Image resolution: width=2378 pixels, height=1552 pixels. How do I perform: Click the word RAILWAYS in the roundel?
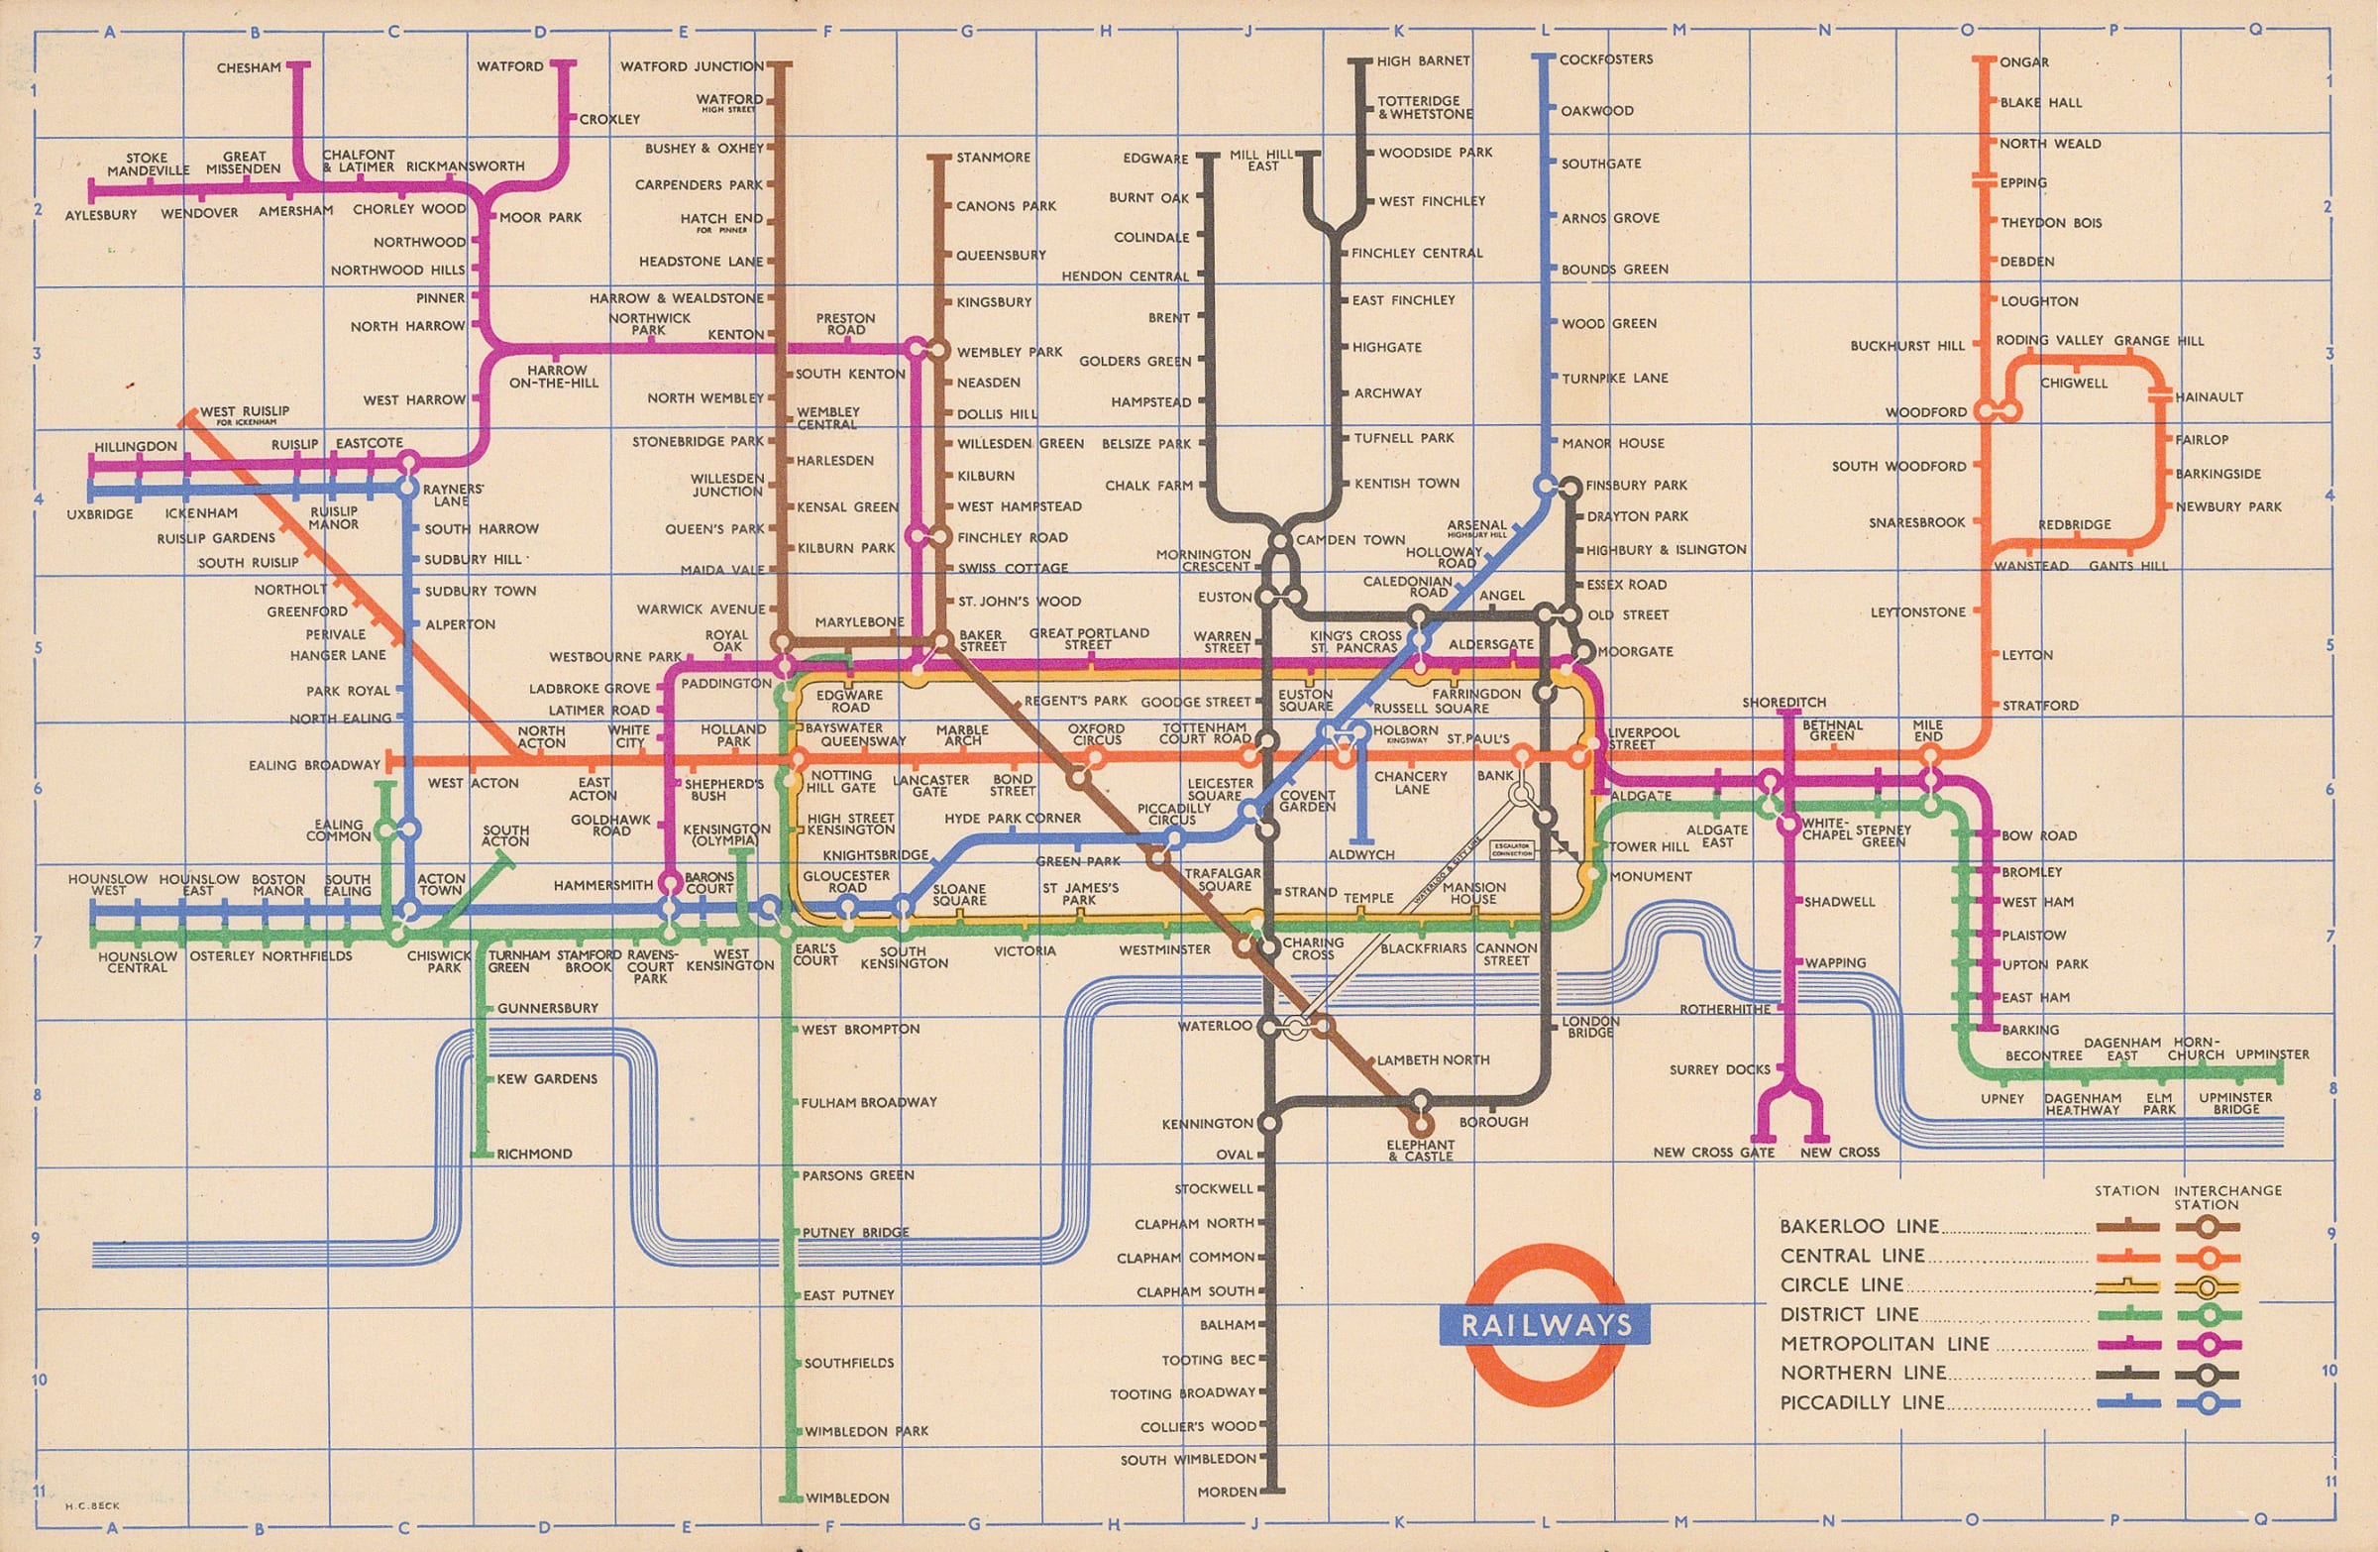click(1545, 1326)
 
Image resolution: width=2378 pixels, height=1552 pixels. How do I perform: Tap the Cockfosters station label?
click(1606, 58)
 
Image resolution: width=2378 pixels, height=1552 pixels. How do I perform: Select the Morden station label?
click(1227, 1492)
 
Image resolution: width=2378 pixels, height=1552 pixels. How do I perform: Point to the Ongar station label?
click(2024, 62)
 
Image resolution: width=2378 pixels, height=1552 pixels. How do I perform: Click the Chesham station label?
click(249, 68)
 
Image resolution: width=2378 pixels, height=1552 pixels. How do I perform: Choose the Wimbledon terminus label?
click(846, 1498)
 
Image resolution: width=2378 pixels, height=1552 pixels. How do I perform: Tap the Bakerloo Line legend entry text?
click(1860, 1226)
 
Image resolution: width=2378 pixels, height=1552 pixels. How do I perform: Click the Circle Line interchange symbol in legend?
click(2207, 1287)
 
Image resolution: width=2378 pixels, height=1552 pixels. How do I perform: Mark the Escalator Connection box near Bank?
click(1512, 849)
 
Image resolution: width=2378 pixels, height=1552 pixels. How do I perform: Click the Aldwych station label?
click(1360, 854)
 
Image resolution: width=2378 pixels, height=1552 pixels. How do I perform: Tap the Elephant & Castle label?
click(1421, 1151)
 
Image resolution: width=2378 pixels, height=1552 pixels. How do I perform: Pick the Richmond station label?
click(533, 1154)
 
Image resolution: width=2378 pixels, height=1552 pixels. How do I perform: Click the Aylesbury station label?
click(101, 215)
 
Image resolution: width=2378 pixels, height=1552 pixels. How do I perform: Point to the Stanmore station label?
click(992, 157)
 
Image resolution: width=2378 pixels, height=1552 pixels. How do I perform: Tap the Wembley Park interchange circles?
click(927, 351)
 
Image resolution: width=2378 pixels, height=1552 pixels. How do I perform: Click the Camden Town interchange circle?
click(1280, 541)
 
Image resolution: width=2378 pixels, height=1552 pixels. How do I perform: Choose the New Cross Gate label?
click(1713, 1153)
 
